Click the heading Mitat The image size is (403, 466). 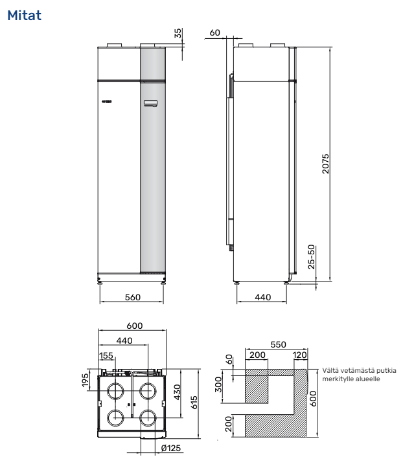24,14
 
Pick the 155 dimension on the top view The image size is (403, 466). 106,355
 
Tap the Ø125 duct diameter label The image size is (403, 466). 170,447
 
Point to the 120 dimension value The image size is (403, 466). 300,355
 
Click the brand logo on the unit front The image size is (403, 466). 108,102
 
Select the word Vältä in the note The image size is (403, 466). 331,370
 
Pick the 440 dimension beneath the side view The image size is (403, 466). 262,297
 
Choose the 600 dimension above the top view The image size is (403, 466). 134,327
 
